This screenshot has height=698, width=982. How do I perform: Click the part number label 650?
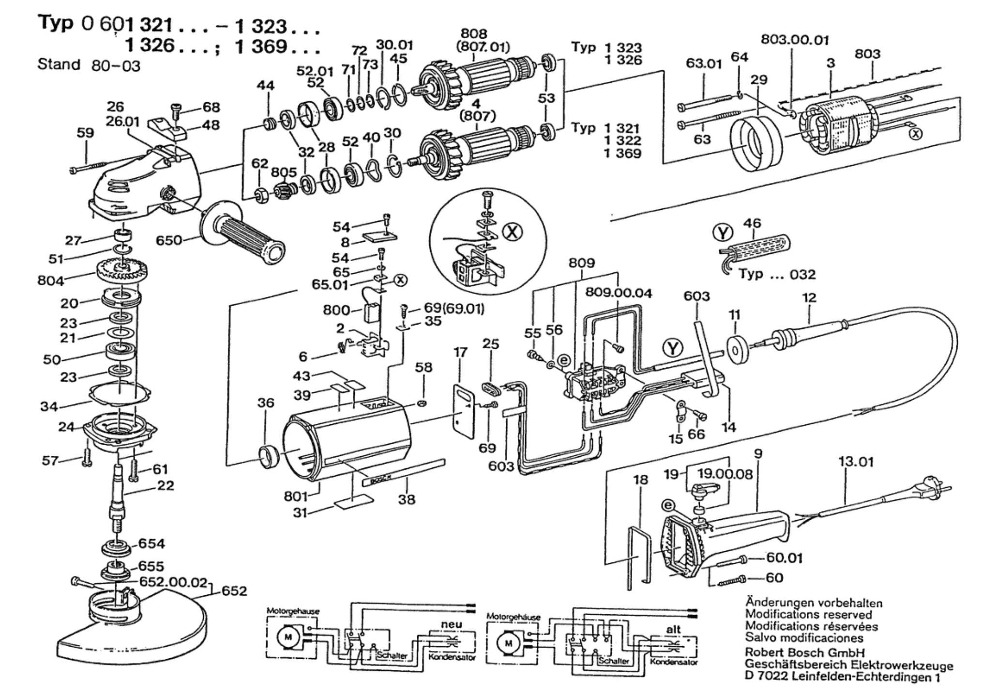pyautogui.click(x=168, y=240)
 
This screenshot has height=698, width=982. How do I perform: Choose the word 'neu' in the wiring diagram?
pyautogui.click(x=451, y=624)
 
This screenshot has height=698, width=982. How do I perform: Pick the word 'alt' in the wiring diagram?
pyautogui.click(x=673, y=629)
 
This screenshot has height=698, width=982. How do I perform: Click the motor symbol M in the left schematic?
pyautogui.click(x=288, y=637)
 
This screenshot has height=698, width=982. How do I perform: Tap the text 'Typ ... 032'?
pyautogui.click(x=777, y=274)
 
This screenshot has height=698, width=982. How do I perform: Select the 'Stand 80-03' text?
pyautogui.click(x=89, y=64)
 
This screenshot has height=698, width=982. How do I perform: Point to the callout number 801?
pyautogui.click(x=296, y=496)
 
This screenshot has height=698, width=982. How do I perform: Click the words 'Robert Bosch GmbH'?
pyautogui.click(x=804, y=652)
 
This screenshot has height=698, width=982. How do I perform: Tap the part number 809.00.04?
pyautogui.click(x=618, y=293)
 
